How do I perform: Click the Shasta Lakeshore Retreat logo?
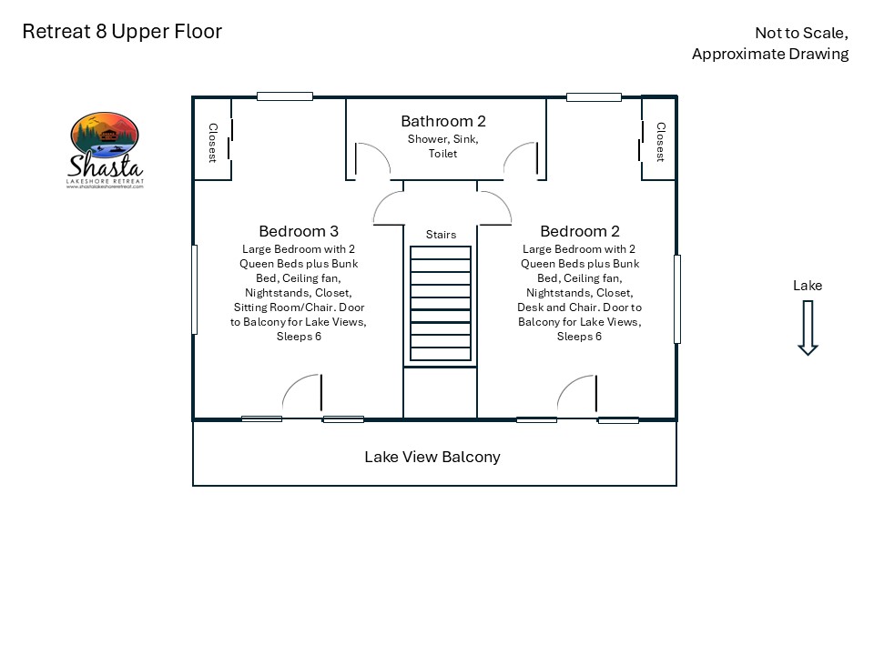tap(106, 149)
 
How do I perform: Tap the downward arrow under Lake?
tap(807, 329)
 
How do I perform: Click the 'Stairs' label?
tap(441, 235)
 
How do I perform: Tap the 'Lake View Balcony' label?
tap(432, 457)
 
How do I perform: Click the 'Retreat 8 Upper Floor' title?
tap(122, 32)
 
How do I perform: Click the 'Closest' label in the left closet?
tap(213, 143)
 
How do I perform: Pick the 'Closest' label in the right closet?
tap(660, 142)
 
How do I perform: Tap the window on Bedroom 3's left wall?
tap(195, 289)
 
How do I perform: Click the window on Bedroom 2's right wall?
tap(676, 298)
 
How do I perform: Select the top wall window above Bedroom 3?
tap(285, 96)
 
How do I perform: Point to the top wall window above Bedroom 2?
tap(594, 96)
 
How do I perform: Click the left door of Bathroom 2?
tap(371, 159)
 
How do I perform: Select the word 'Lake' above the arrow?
tap(807, 286)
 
